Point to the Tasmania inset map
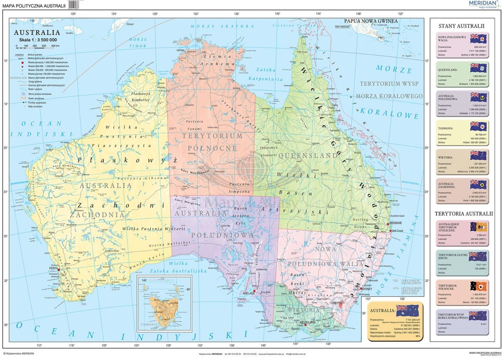click(164, 303)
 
